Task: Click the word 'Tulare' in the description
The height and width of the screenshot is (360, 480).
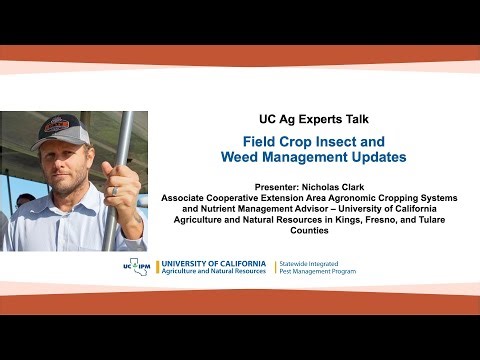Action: [x=427, y=218]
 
